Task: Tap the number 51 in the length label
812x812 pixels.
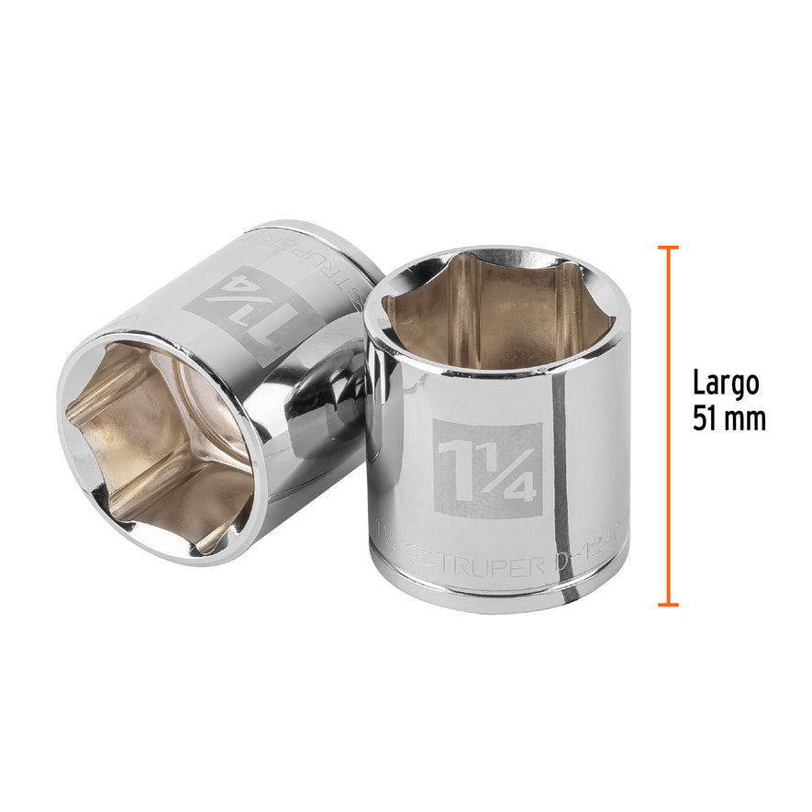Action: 706,418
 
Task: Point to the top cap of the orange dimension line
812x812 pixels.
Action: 668,248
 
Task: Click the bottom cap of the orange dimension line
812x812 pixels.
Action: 668,605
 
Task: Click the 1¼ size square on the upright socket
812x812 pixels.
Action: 487,470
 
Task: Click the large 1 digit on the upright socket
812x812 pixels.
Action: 456,468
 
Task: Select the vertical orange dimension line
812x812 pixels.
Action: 668,427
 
